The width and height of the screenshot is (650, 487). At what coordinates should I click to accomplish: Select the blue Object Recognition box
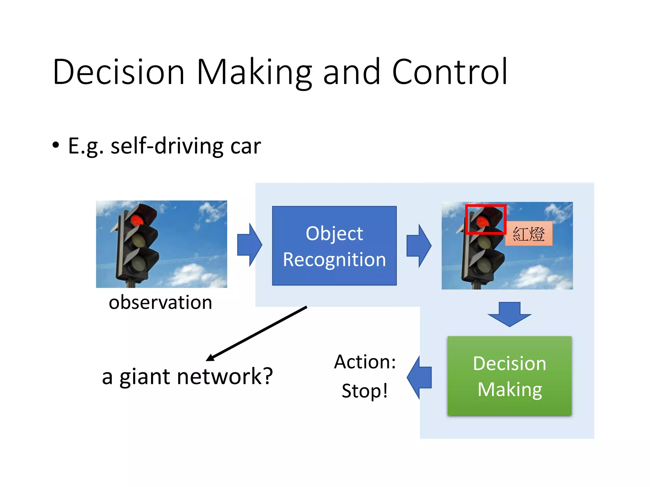(334, 246)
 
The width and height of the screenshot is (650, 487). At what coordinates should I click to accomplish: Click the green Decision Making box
(509, 376)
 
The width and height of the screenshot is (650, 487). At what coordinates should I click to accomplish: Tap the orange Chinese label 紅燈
(529, 234)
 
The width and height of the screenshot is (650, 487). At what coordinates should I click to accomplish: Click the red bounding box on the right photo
(486, 206)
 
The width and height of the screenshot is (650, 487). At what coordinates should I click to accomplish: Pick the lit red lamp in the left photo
(137, 220)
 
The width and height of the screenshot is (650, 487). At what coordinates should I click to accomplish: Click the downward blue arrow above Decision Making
(509, 314)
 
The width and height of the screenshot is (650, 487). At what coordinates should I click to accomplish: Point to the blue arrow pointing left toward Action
(419, 378)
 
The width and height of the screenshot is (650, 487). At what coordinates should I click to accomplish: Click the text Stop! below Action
(365, 391)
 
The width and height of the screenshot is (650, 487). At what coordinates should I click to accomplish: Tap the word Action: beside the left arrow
(365, 362)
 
